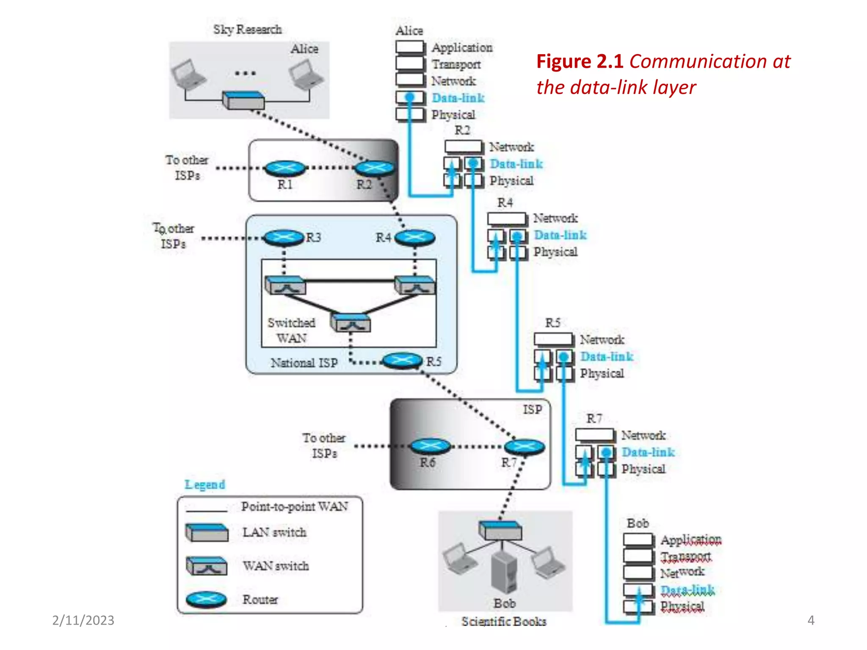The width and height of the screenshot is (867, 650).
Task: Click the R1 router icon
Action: tap(285, 168)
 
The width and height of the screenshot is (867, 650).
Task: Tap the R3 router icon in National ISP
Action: tap(284, 237)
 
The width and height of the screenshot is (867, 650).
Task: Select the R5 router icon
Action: tap(402, 361)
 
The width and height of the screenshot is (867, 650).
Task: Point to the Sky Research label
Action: tap(247, 29)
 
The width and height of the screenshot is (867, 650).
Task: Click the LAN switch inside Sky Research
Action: tap(244, 100)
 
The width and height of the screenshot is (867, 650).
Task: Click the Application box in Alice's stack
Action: tap(409, 47)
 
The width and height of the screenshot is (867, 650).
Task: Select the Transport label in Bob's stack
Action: tap(686, 556)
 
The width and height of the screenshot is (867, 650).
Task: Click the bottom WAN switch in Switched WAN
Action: tap(351, 323)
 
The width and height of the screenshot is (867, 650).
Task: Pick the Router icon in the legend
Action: tap(207, 599)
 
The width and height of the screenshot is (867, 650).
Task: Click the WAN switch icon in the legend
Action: tap(207, 566)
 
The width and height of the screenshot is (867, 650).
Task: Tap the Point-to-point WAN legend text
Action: tap(295, 507)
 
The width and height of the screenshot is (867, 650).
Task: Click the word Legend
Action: tap(204, 485)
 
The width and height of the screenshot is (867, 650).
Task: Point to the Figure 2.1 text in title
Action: tap(580, 61)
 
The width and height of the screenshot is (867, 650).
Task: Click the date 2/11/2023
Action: tap(83, 620)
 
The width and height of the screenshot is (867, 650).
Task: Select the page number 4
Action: tap(811, 620)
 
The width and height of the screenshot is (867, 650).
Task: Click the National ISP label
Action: tap(304, 363)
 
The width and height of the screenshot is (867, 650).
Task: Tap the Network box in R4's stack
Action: tap(507, 218)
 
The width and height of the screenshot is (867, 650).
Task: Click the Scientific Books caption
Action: tap(504, 621)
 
